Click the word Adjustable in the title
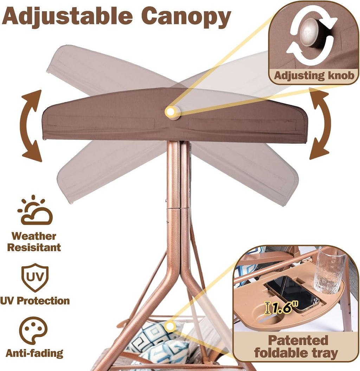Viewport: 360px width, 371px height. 67,17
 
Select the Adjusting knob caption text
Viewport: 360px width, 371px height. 314,76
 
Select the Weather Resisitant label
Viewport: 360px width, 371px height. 34,242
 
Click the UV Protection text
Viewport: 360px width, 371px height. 35,301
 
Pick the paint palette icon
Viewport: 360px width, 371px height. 33,330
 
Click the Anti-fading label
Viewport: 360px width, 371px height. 34,353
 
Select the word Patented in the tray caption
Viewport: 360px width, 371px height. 298,340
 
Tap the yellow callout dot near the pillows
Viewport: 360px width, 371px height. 169,327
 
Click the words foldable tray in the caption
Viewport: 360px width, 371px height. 296,353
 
